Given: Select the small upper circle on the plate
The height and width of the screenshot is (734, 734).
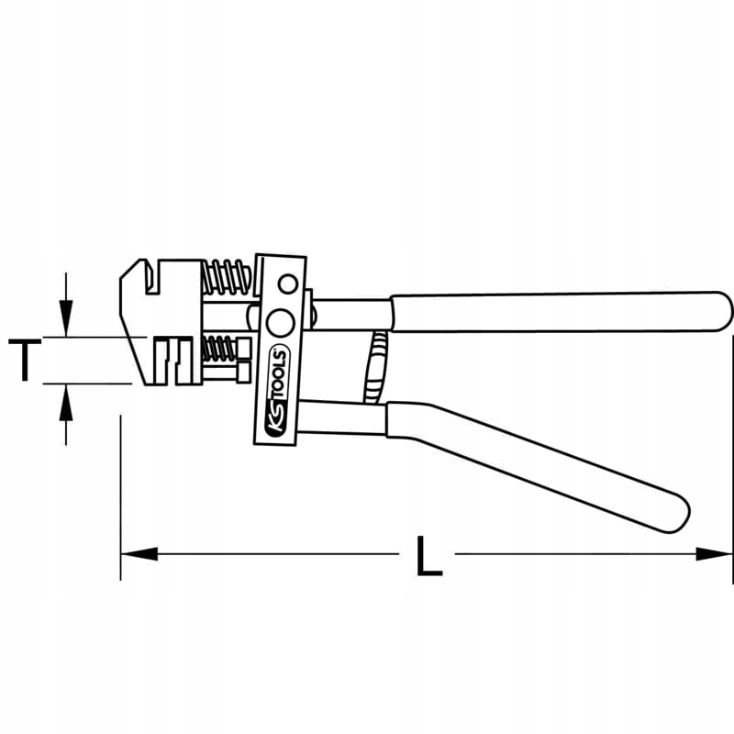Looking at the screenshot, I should [x=289, y=283].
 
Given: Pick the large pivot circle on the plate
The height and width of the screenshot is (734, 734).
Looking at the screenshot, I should [x=279, y=322].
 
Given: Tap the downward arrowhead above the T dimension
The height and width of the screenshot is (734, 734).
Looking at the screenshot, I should [x=64, y=321].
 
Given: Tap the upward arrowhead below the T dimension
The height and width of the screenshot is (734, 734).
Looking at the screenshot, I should [x=64, y=400].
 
